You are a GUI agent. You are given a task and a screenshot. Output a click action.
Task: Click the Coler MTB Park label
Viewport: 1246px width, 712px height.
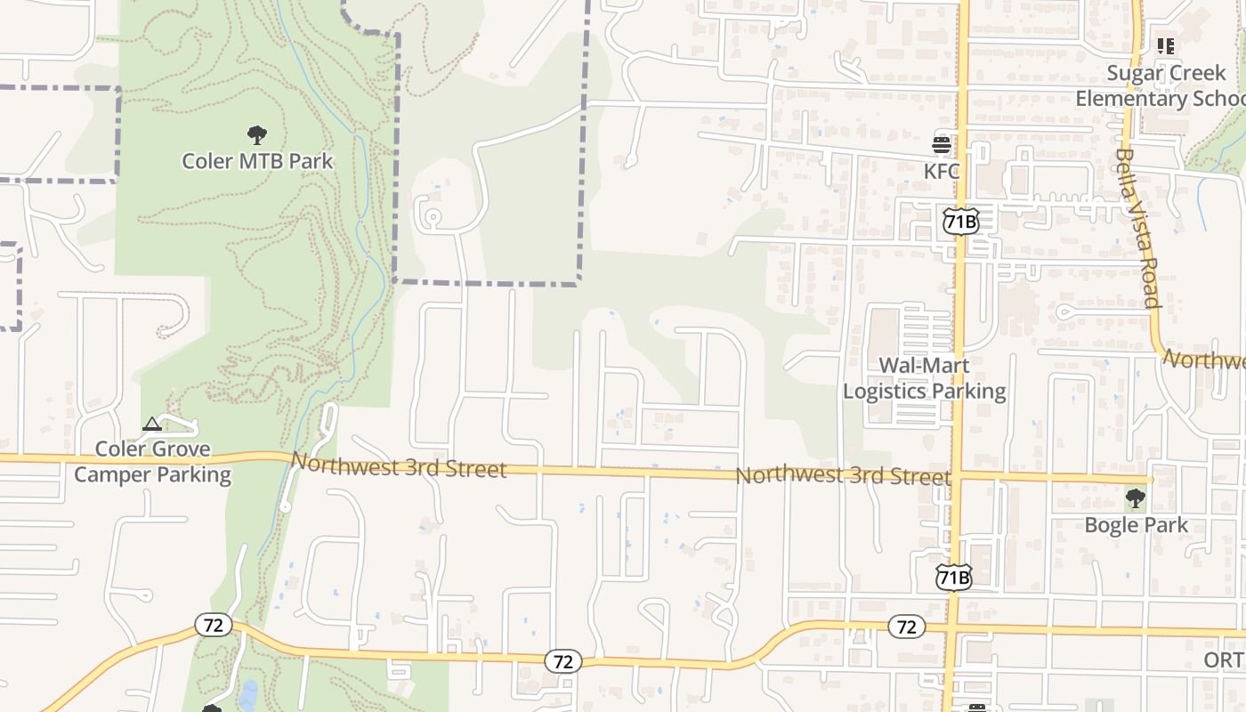point(257,161)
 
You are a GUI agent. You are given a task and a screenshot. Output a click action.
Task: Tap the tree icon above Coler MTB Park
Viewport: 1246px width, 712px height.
point(256,135)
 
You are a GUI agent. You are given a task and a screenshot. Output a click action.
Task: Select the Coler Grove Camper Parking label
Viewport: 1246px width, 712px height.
point(152,462)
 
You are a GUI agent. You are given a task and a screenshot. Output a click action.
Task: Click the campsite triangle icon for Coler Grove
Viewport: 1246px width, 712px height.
point(152,424)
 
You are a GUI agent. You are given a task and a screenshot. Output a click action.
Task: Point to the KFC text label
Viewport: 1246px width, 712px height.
point(942,171)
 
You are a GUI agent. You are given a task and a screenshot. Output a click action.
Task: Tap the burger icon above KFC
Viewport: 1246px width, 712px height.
point(942,144)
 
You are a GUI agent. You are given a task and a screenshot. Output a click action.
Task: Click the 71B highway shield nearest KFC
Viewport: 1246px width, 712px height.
point(960,222)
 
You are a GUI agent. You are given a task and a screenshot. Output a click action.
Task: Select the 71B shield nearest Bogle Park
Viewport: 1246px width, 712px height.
point(954,578)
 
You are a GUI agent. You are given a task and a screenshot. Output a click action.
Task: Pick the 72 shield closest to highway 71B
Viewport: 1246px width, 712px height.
point(906,627)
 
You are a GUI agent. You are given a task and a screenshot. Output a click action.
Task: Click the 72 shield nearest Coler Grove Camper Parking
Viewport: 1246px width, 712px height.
point(214,625)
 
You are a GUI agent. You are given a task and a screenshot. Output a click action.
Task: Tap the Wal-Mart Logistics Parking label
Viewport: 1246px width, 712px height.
point(924,378)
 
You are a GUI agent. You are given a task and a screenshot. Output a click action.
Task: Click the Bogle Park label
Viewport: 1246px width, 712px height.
point(1136,524)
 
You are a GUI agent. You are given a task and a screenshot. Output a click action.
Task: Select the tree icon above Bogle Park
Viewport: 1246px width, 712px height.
point(1136,498)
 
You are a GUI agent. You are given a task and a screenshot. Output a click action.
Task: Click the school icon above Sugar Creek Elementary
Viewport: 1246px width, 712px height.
point(1166,46)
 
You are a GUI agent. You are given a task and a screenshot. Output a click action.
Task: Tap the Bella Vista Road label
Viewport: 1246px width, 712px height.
point(1137,228)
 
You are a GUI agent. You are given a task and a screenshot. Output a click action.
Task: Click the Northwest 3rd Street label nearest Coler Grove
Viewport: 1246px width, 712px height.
point(399,465)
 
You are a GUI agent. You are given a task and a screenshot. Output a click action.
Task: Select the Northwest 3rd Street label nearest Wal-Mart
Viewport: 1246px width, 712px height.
point(843,475)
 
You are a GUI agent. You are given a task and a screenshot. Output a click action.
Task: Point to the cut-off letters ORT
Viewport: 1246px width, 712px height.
point(1224,659)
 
